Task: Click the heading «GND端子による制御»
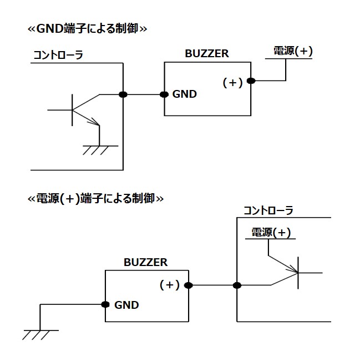(87, 28)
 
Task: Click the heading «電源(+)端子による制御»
(95, 198)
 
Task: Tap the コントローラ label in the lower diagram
(268, 210)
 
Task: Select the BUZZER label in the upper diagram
(206, 54)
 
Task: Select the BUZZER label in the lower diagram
(145, 262)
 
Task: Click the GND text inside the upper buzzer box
(184, 94)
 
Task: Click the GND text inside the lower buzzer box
(126, 305)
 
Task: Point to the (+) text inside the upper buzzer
(232, 83)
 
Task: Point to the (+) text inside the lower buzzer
(170, 285)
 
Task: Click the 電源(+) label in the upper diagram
(293, 52)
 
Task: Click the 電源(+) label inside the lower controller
(271, 233)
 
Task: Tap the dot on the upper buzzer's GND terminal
(164, 94)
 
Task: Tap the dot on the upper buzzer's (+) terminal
(251, 81)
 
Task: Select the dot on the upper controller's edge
(123, 94)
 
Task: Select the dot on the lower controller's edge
(237, 285)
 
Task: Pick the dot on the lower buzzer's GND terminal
(105, 304)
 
